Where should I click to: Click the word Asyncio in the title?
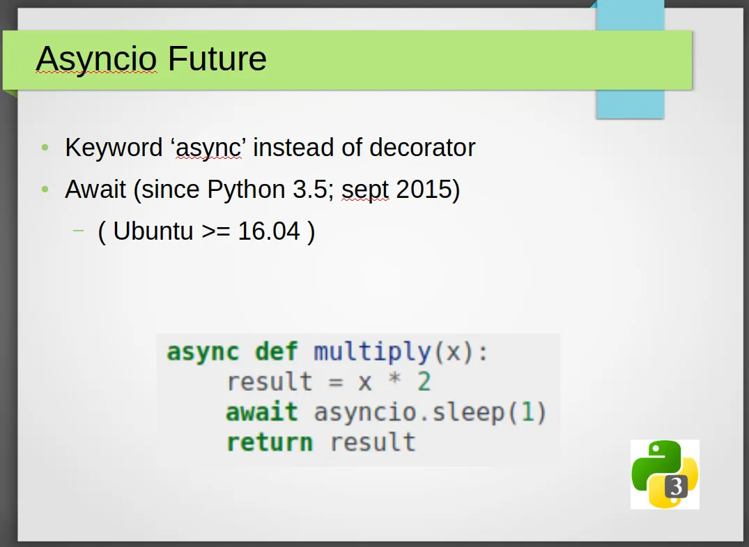click(96, 59)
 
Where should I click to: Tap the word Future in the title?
click(217, 59)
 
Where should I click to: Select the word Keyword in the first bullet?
click(114, 147)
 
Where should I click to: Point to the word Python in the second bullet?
click(247, 190)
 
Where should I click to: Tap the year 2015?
click(424, 189)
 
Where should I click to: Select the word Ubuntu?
click(153, 231)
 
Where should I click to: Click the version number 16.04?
click(269, 231)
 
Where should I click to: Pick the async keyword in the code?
click(203, 353)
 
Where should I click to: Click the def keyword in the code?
click(277, 352)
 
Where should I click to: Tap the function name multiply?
click(373, 353)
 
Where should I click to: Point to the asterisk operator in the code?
click(394, 380)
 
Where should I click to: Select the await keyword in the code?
click(262, 412)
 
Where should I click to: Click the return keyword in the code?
click(270, 442)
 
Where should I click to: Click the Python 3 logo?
click(665, 475)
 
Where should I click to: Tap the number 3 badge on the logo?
click(676, 487)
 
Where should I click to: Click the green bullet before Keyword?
click(45, 147)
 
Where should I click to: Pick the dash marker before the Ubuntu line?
click(78, 231)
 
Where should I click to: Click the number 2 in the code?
click(424, 382)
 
